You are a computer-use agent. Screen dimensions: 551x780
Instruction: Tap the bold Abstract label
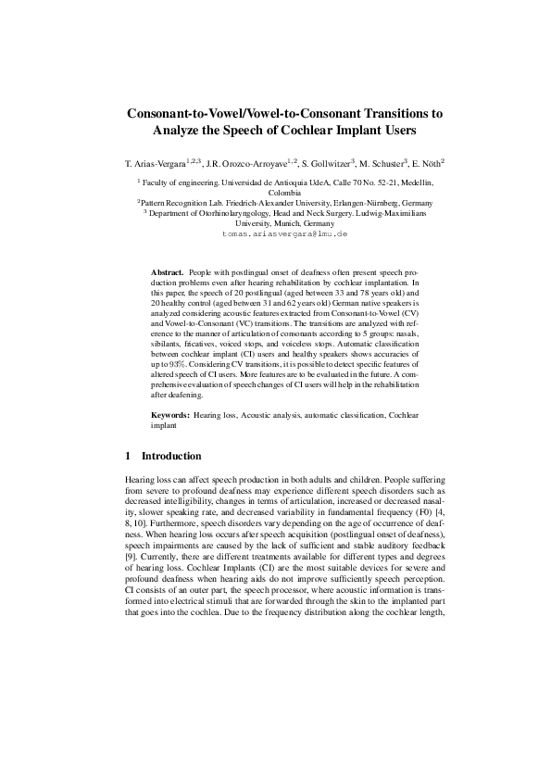(167, 273)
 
